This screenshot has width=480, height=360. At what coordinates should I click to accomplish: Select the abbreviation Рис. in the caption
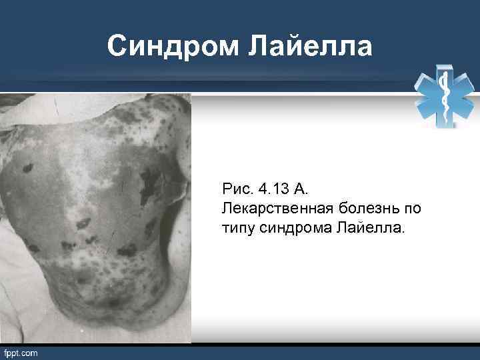pyautogui.click(x=237, y=190)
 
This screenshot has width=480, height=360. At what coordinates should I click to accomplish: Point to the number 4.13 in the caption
pyautogui.click(x=271, y=190)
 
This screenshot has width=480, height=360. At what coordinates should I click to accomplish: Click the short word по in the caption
pyautogui.click(x=412, y=209)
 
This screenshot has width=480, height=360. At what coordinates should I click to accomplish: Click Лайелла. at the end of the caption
pyautogui.click(x=366, y=229)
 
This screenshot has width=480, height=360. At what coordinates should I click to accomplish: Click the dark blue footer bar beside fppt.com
pyautogui.click(x=267, y=352)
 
